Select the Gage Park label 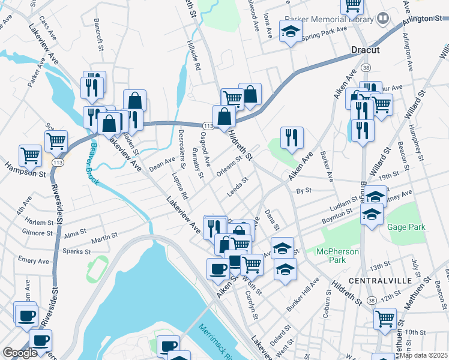coord(406,227)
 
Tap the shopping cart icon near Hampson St coord(30,155)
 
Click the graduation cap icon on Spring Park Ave coord(291,32)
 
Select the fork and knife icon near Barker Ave coord(292,137)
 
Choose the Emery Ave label coord(34,260)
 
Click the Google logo coord(20,353)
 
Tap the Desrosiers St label coord(182,145)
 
